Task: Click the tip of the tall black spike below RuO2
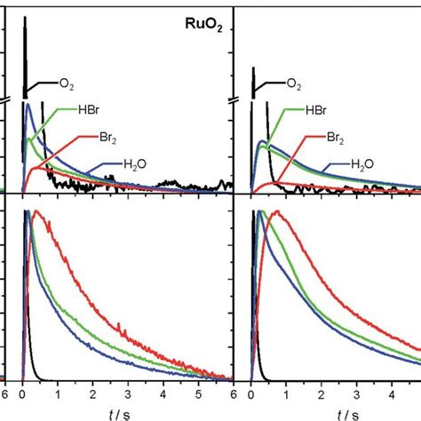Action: click(x=25, y=20)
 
